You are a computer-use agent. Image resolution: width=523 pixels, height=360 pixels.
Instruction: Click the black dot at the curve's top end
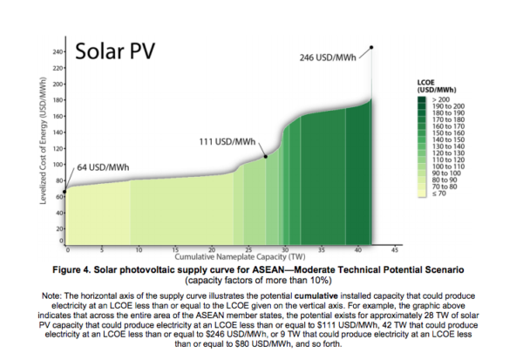(371, 47)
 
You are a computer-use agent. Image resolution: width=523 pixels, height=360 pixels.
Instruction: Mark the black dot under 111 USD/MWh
(266, 156)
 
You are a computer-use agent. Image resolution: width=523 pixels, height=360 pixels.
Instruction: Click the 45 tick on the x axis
(396, 248)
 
